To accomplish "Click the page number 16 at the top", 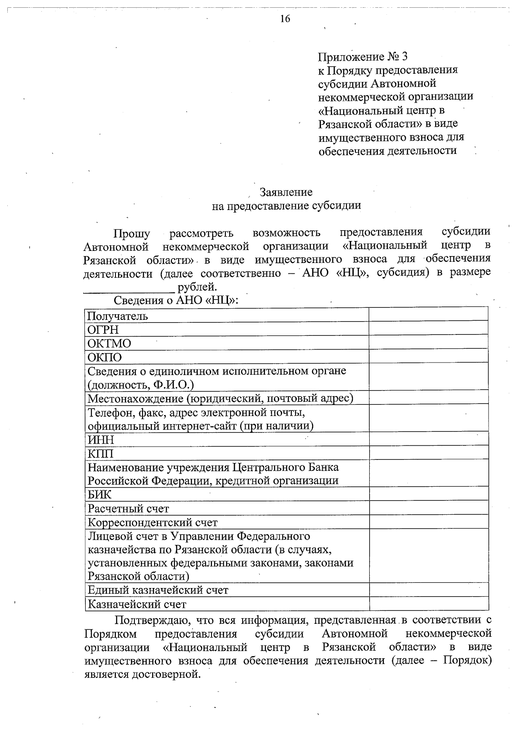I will point(285,19).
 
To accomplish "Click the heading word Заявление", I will point(286,192).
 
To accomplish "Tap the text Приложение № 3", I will point(362,57).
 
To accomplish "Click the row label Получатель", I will point(118,316).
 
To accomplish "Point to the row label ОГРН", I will point(103,330).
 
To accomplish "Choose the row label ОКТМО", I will point(109,344).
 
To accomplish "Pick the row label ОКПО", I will point(105,357).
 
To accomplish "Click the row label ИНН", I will point(101,440).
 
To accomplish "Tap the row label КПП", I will point(100,454).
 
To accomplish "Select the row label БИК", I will point(100,495).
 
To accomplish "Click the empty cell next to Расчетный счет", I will point(428,508).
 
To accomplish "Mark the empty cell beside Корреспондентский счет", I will point(428,522).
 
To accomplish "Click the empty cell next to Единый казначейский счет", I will point(428,590).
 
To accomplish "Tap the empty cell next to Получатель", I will point(428,315).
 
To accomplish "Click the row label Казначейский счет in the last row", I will point(137,604).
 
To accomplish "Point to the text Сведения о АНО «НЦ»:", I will point(176,300).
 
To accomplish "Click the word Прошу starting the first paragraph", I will point(132,234).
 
